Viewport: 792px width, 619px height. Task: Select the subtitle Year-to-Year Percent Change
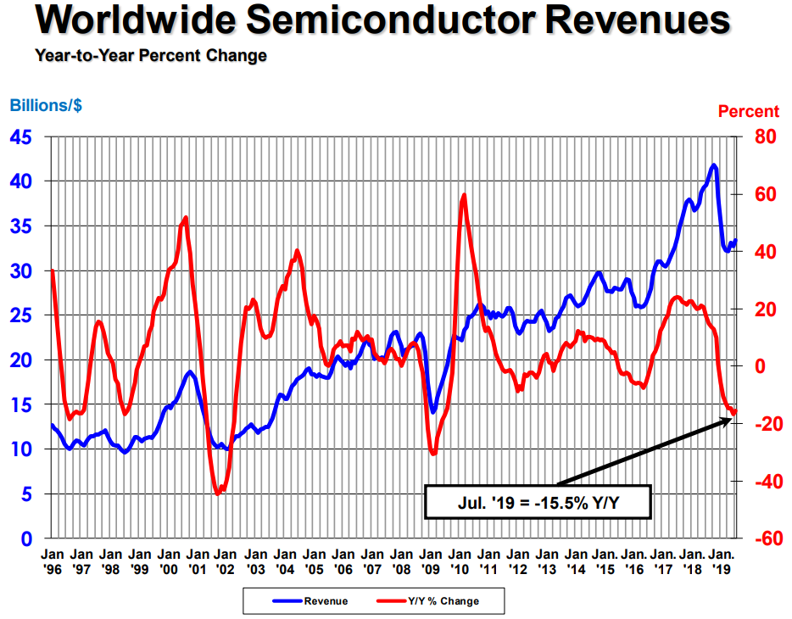[151, 56]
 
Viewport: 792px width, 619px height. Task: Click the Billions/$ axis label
[46, 107]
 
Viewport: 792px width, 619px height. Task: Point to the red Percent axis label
[748, 111]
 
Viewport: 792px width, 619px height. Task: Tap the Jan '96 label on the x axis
[52, 560]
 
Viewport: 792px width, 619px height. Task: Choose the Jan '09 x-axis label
[431, 560]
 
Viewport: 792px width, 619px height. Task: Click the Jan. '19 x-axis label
[722, 560]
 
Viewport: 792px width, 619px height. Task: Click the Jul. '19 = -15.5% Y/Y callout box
[537, 501]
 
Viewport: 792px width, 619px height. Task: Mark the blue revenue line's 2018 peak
[714, 165]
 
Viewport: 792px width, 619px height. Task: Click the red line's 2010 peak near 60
[464, 196]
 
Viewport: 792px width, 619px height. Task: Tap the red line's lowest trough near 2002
[218, 493]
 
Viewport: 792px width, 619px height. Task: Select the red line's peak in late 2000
[185, 218]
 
